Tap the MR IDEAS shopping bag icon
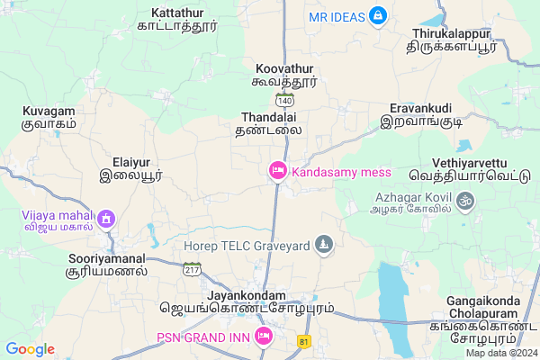pyautogui.click(x=379, y=16)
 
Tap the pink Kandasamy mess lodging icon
pyautogui.click(x=277, y=170)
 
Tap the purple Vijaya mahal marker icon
pyautogui.click(x=106, y=218)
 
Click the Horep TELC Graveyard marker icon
pyautogui.click(x=324, y=244)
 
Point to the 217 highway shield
pyautogui.click(x=192, y=270)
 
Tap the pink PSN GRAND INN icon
pyautogui.click(x=264, y=337)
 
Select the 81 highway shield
pyautogui.click(x=305, y=342)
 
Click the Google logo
pyautogui.click(x=30, y=349)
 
